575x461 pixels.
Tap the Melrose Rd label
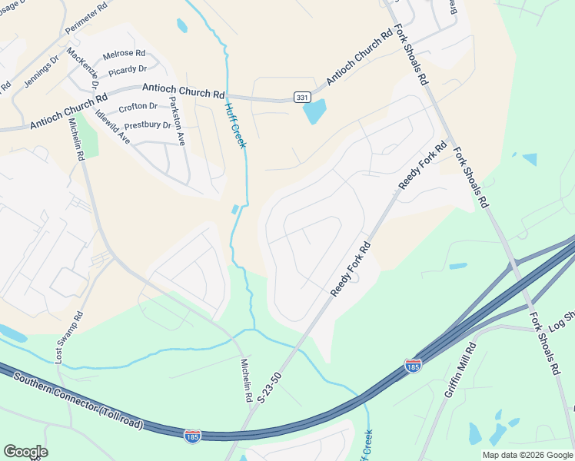(x=124, y=54)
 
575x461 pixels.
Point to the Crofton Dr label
(x=138, y=107)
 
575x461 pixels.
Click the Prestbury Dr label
(x=148, y=124)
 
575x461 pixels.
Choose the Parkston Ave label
(x=178, y=121)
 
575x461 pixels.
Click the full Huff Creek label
(x=235, y=126)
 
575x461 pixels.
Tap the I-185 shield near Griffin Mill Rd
(x=414, y=366)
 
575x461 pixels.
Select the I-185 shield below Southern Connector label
(x=192, y=436)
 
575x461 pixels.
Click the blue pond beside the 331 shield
(x=314, y=112)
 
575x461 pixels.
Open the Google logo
(x=25, y=452)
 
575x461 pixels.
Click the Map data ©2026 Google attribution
(x=527, y=455)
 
